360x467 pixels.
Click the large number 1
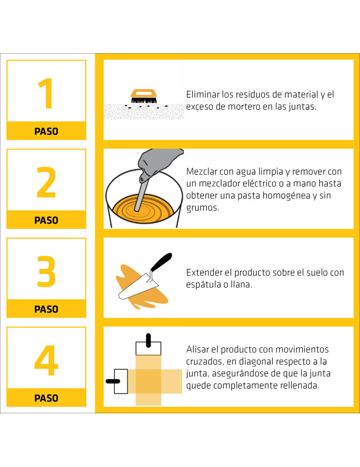coord(47,93)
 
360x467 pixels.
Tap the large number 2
coord(46,182)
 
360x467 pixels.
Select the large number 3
coord(46,271)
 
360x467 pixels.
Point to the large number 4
coord(46,361)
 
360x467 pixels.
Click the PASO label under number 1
coord(46,131)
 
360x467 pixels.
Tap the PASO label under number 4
coord(46,398)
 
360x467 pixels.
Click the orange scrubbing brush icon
coord(144,96)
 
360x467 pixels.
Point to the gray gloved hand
coord(158,163)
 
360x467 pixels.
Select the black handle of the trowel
coord(161,262)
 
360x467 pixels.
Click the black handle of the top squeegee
coord(148,341)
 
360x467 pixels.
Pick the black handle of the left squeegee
coord(113,381)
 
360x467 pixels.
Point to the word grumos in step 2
coord(203,208)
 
